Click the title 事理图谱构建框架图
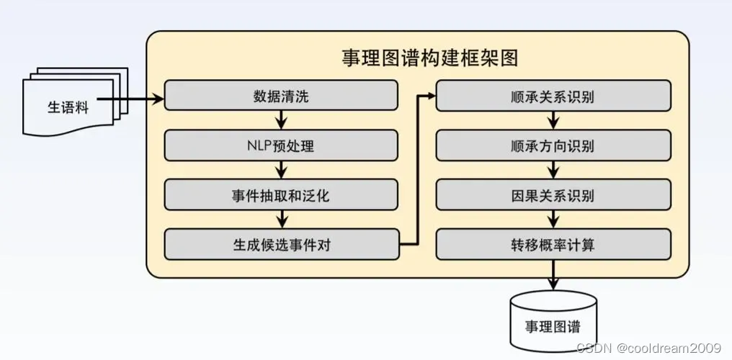pos(429,58)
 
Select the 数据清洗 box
pos(281,96)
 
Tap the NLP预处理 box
pos(281,146)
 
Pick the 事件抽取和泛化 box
pos(281,194)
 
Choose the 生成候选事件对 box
pos(281,245)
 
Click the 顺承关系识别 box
pos(553,96)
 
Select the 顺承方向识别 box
pos(553,146)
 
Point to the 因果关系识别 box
pos(553,194)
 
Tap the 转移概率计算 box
pos(553,245)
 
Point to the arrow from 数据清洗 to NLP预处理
pos(281,120)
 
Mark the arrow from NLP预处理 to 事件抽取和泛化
pos(281,170)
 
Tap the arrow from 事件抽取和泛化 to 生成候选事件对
pos(281,219)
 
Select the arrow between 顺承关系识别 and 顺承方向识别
pos(553,120)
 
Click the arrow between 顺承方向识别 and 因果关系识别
pos(553,170)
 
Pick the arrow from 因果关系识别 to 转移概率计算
pos(553,219)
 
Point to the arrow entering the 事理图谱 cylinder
pos(553,277)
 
